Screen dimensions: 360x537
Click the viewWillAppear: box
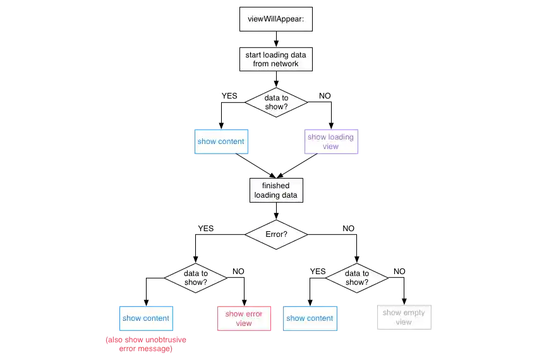(x=275, y=19)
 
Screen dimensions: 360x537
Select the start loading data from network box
(x=275, y=59)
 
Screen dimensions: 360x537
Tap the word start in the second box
(x=253, y=55)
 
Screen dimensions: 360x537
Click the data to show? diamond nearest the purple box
(x=276, y=102)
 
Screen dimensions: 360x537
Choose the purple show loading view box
(x=330, y=141)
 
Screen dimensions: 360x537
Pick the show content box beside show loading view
(x=220, y=141)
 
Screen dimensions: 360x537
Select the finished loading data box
(x=275, y=190)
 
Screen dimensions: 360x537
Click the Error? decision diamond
(x=276, y=234)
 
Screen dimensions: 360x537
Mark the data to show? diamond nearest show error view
(x=196, y=278)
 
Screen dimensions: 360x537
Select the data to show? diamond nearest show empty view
(x=357, y=278)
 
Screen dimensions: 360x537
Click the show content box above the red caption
(x=145, y=318)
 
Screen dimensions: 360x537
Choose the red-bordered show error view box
(x=243, y=318)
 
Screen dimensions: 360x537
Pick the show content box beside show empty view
(x=310, y=318)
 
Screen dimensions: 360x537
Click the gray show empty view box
(x=404, y=317)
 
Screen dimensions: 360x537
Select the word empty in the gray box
(x=414, y=313)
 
